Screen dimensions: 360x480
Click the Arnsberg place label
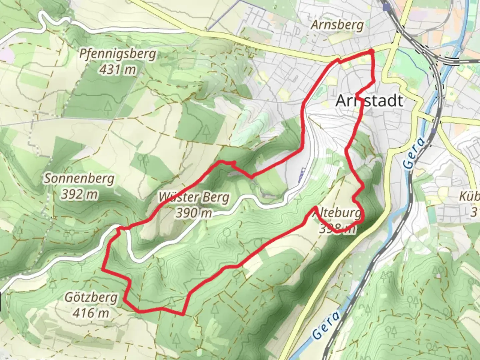point(337,25)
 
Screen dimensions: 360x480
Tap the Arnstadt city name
point(369,101)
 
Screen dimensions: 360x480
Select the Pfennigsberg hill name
point(118,54)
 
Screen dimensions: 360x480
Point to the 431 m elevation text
point(118,70)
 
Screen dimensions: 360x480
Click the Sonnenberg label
point(79,179)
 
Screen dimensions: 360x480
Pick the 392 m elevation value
point(79,194)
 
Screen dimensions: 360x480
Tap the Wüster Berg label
point(194,197)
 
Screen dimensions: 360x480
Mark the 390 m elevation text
point(194,213)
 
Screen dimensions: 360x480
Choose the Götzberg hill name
point(91,297)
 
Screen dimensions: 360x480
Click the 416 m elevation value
point(91,313)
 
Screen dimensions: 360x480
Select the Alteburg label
point(337,213)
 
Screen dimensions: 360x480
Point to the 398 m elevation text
point(337,228)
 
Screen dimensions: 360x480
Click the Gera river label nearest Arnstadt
point(414,153)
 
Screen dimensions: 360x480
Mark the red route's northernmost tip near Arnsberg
point(371,51)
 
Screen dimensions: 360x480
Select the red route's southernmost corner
point(183,314)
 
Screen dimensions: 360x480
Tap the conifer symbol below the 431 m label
point(108,106)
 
